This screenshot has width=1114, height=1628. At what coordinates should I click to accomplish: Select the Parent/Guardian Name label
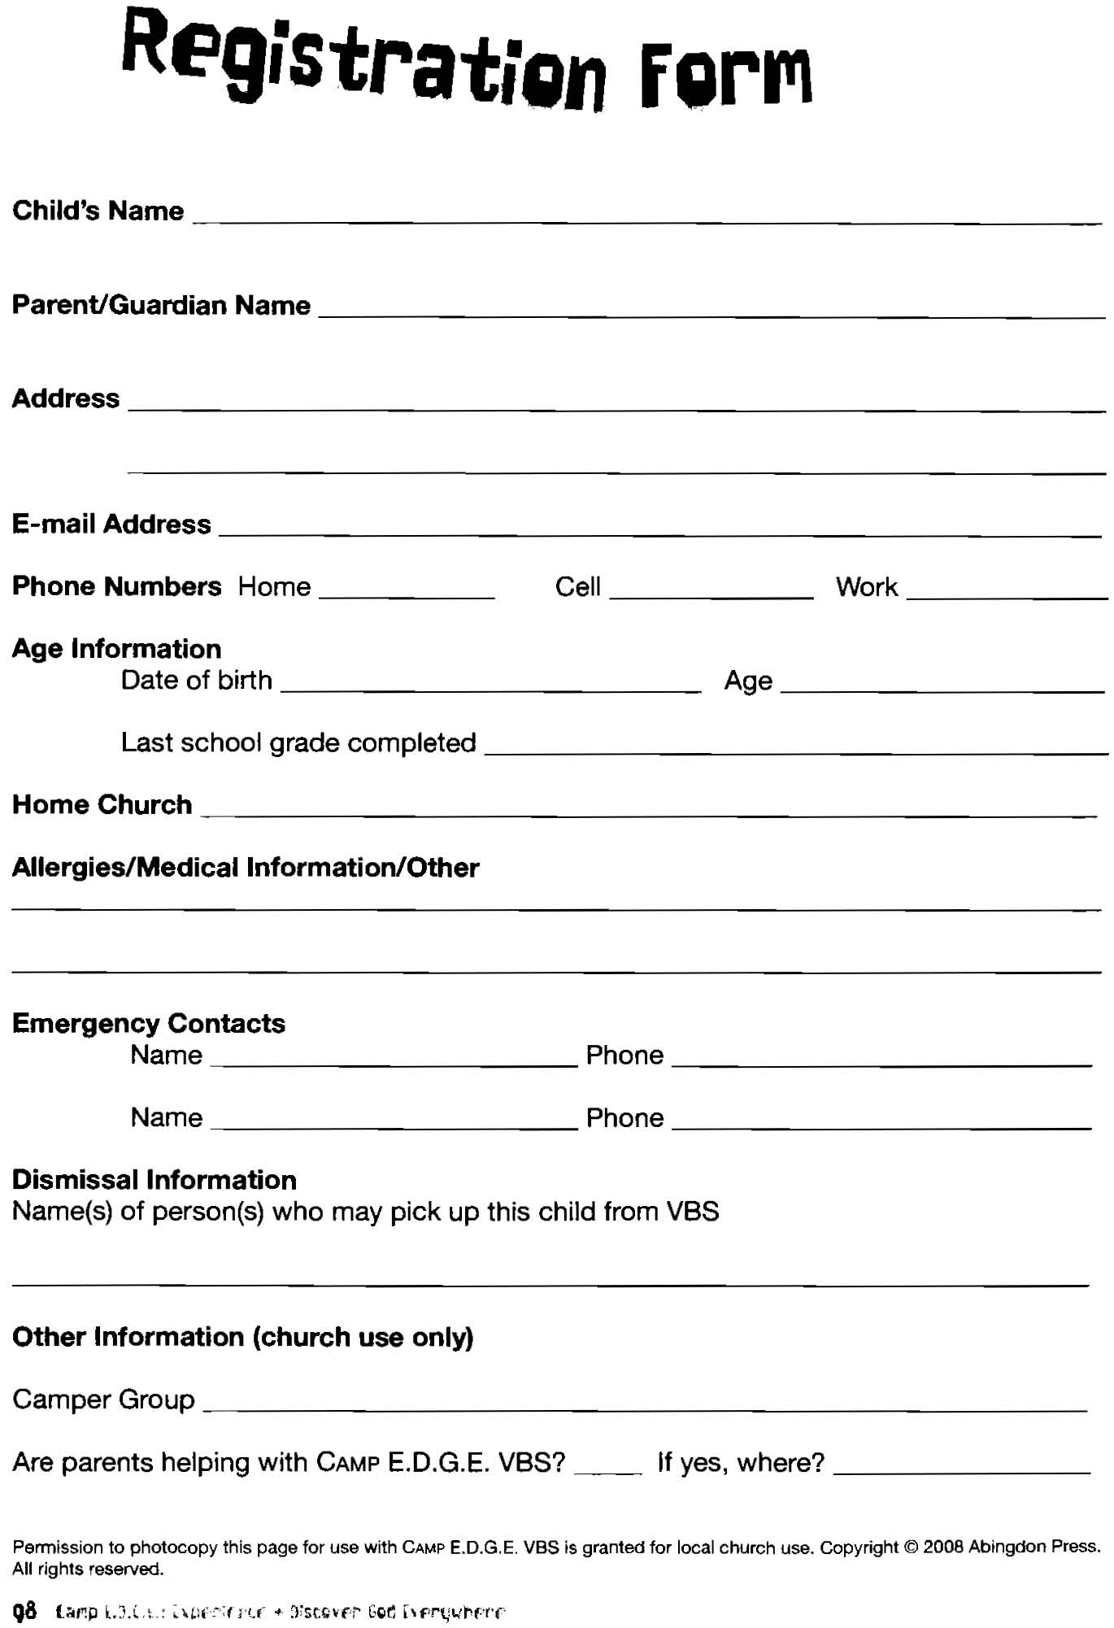point(161,306)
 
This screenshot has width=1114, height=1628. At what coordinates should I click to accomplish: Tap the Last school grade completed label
point(298,743)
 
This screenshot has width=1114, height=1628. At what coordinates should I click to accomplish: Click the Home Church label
point(102,805)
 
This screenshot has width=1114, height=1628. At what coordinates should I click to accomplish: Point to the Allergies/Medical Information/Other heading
point(246,868)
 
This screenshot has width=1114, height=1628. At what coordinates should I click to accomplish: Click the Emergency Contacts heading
point(149,1023)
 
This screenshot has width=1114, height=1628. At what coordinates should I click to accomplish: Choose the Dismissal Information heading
point(154,1180)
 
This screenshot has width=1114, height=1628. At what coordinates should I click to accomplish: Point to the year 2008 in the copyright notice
point(943,1547)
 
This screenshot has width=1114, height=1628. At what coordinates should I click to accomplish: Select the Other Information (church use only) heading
point(242,1337)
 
